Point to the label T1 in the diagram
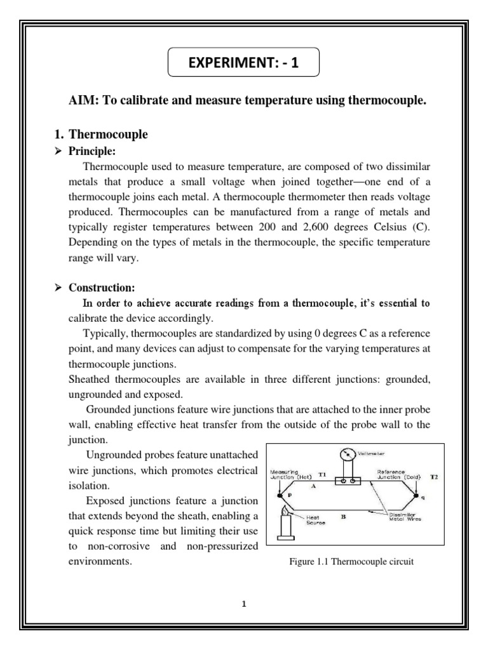[x=322, y=474]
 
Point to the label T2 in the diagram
[x=434, y=475]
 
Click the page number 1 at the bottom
[x=243, y=604]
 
